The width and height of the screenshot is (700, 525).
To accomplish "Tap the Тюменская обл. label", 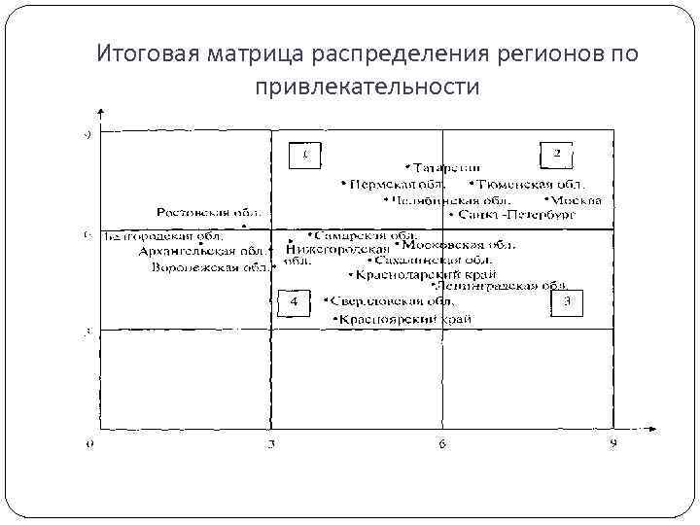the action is (x=531, y=184).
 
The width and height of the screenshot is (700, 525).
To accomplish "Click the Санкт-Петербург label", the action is (x=508, y=215).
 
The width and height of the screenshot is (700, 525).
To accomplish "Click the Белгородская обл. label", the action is (x=164, y=234).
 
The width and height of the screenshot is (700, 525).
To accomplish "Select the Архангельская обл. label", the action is (x=193, y=251).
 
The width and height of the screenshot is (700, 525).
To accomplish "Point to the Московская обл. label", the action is (x=463, y=245).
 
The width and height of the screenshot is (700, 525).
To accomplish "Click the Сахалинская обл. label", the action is (x=433, y=260).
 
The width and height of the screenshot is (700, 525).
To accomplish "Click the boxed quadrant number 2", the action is (x=557, y=154).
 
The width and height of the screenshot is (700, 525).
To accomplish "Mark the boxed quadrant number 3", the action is (x=568, y=303).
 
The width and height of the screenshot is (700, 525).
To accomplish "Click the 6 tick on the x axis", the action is (x=442, y=444).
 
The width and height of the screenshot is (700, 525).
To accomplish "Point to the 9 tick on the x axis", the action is (x=613, y=444).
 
